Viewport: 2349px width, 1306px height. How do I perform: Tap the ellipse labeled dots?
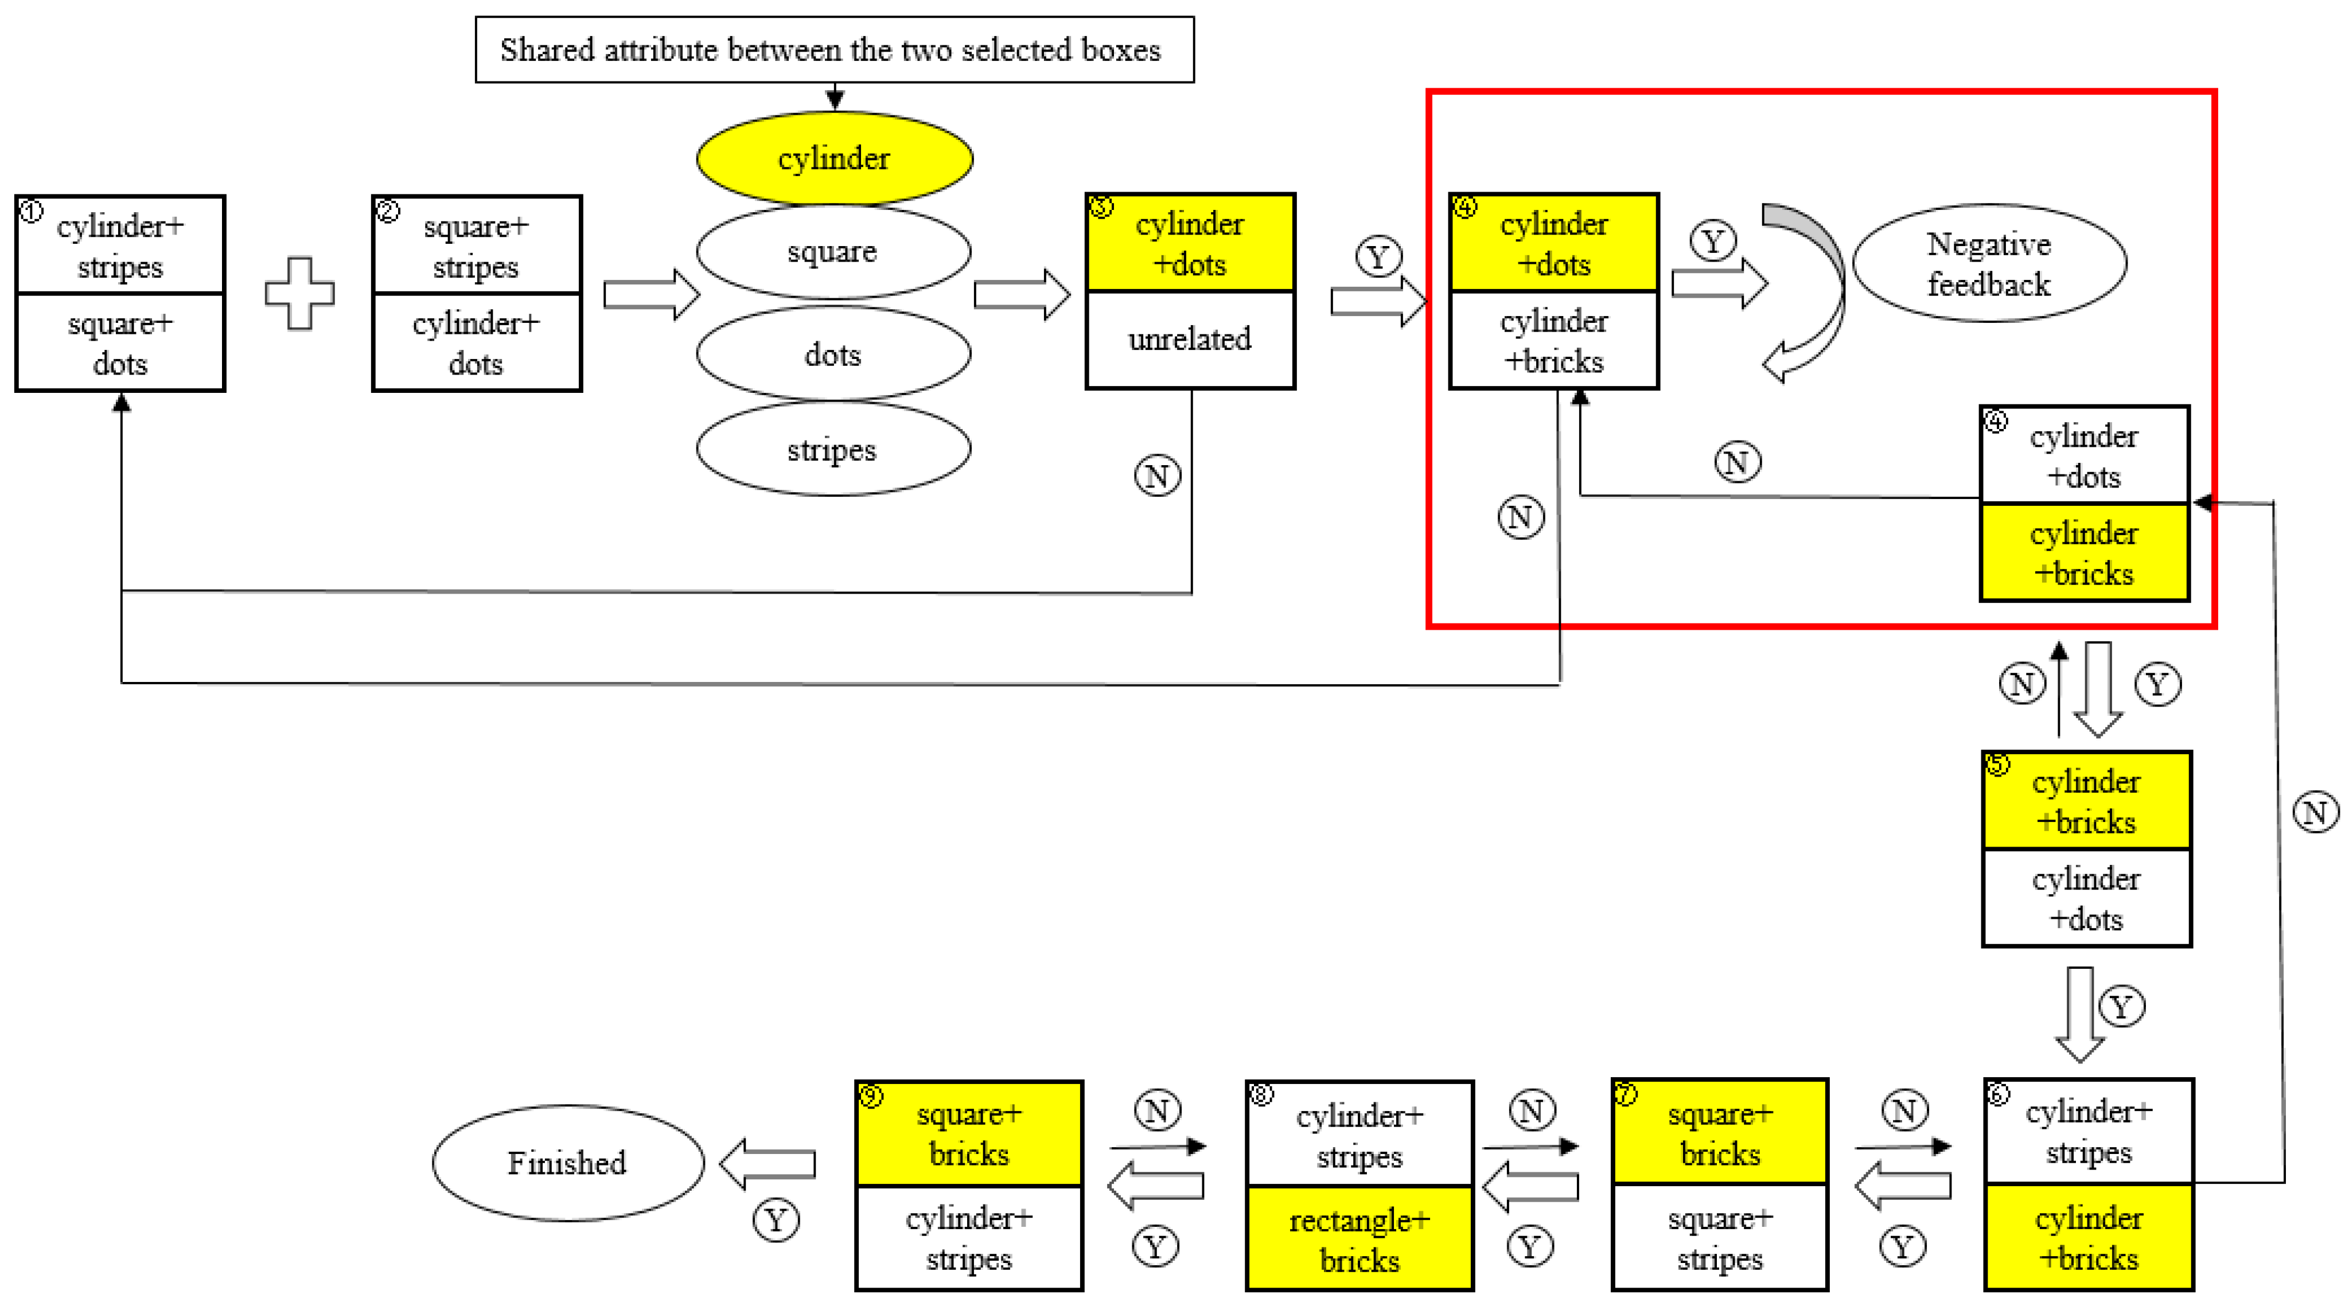click(x=833, y=354)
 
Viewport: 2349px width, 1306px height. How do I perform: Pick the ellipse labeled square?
click(x=833, y=252)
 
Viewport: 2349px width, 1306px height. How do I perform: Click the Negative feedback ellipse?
click(x=1989, y=264)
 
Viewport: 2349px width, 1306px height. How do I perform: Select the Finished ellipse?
click(x=567, y=1163)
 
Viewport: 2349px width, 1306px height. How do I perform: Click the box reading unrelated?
click(x=1190, y=340)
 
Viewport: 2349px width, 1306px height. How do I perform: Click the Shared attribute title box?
click(x=833, y=49)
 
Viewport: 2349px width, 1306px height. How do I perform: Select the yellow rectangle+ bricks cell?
click(x=1359, y=1238)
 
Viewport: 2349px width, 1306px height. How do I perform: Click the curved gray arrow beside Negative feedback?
click(x=1810, y=292)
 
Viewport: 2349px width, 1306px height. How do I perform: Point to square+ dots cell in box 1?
click(x=120, y=343)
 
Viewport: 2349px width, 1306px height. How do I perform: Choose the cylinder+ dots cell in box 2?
click(x=476, y=343)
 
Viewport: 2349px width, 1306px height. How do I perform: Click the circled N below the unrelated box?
click(x=1157, y=475)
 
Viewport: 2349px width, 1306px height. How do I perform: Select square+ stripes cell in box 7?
click(x=1719, y=1238)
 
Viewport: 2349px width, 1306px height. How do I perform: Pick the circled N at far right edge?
click(x=2315, y=812)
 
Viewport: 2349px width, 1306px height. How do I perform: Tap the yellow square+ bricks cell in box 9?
click(x=968, y=1133)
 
